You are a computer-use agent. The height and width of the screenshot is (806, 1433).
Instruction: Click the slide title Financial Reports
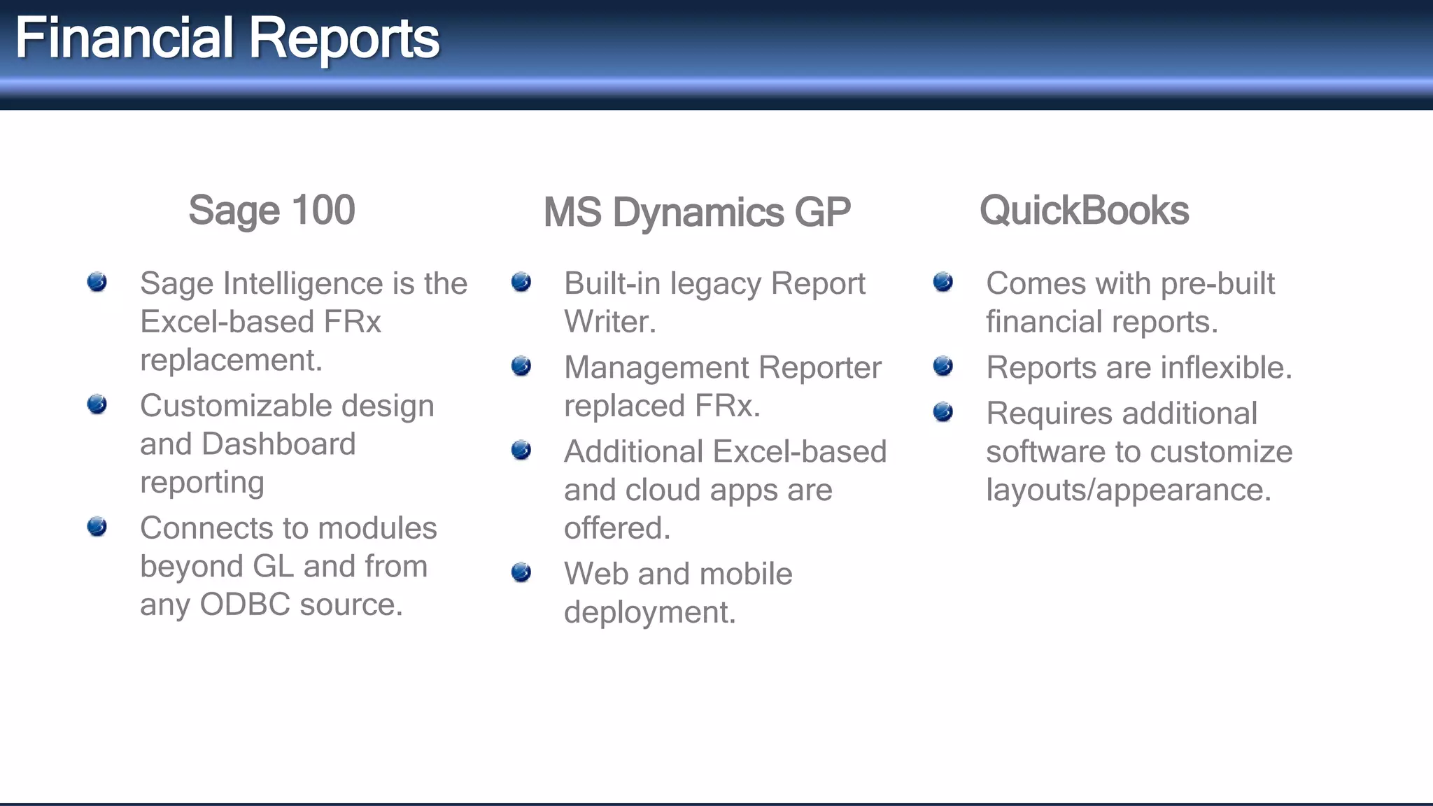227,38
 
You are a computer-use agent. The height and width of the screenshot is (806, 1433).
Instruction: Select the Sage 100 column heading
271,210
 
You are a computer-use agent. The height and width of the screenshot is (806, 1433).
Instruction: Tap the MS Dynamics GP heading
697,212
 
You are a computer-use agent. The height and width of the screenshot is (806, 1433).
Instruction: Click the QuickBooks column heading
1084,210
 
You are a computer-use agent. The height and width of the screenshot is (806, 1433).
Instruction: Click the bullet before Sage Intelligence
97,282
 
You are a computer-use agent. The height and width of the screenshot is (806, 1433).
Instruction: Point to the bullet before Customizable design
97,404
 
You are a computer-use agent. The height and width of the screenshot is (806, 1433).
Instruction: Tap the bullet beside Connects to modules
97,526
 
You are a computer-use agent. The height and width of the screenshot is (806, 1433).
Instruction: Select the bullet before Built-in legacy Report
521,282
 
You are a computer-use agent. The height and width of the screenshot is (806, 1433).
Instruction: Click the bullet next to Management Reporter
521,366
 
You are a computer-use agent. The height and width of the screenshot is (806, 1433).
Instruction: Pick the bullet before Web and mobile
521,572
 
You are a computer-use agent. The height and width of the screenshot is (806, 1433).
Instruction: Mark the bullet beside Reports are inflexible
943,366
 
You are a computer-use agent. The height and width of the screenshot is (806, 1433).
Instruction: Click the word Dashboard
278,444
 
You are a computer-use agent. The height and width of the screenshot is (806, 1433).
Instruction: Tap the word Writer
609,322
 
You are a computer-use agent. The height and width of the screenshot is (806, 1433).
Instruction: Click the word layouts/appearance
1128,490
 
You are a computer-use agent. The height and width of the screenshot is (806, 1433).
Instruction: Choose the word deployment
649,613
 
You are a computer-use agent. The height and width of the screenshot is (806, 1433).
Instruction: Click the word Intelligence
303,284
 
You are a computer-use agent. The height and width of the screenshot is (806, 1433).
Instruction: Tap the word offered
616,528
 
